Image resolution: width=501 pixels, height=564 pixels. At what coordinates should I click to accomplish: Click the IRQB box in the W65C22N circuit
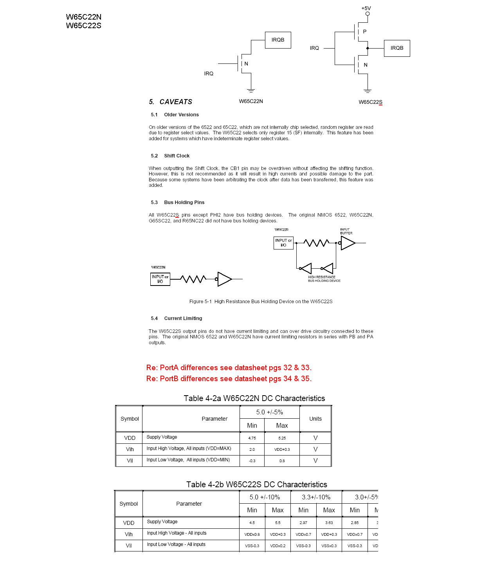tap(278, 40)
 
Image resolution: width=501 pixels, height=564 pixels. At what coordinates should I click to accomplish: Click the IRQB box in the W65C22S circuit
tap(397, 48)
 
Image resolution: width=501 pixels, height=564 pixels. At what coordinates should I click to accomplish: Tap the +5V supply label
tap(366, 8)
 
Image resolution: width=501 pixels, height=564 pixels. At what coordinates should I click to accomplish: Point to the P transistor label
tap(365, 32)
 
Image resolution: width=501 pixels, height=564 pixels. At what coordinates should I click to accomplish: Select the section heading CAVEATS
tap(176, 102)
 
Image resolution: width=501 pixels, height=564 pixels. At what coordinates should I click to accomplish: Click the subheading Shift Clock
tap(177, 156)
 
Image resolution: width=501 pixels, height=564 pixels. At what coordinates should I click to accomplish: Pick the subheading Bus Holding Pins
tap(184, 202)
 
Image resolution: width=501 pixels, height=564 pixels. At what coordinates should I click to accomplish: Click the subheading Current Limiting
tap(183, 318)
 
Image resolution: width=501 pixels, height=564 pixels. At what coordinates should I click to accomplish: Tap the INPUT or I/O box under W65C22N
tap(160, 279)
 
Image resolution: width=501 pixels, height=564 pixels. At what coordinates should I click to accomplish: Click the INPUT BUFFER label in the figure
tap(346, 231)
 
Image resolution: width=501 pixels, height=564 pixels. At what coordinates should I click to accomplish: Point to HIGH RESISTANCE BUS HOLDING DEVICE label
tap(324, 279)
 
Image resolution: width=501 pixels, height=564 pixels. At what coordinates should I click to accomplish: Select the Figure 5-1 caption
tap(261, 302)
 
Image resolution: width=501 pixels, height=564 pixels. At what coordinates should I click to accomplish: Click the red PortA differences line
tap(229, 368)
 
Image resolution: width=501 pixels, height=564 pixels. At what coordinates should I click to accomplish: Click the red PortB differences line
tap(229, 379)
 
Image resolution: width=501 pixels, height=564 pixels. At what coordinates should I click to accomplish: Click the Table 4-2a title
tap(254, 398)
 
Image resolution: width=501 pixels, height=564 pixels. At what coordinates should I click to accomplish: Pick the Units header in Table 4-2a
tap(315, 419)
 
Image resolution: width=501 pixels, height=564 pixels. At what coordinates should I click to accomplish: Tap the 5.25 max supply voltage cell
tap(282, 438)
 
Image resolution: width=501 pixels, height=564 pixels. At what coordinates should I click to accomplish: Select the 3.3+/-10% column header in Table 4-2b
tap(316, 497)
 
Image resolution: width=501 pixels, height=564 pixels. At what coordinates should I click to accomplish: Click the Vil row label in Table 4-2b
tap(129, 546)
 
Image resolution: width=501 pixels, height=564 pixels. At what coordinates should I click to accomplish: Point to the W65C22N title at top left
tap(84, 17)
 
